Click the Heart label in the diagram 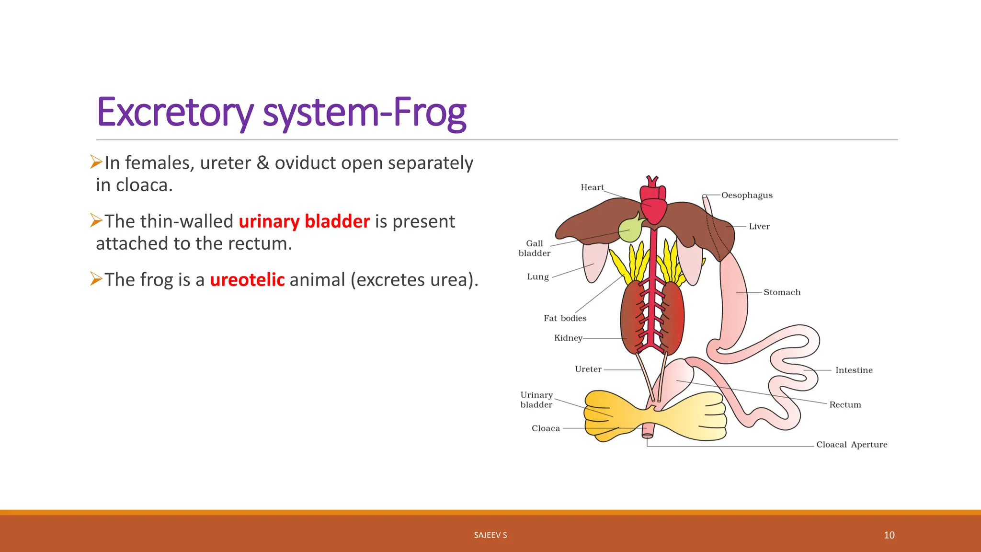coord(592,187)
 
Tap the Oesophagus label coord(747,195)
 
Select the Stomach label coord(782,292)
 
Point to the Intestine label coord(854,370)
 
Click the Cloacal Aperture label coord(852,445)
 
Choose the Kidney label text coord(568,338)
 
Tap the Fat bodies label coord(565,318)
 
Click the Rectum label coord(845,405)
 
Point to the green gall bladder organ coord(630,230)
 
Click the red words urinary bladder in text coord(304,221)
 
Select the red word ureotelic coord(247,280)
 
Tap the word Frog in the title coord(430,113)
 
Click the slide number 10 coord(889,535)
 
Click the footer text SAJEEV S coord(490,535)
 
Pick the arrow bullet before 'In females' coord(96,162)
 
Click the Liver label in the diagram coord(759,227)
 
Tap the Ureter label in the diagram coord(588,369)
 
